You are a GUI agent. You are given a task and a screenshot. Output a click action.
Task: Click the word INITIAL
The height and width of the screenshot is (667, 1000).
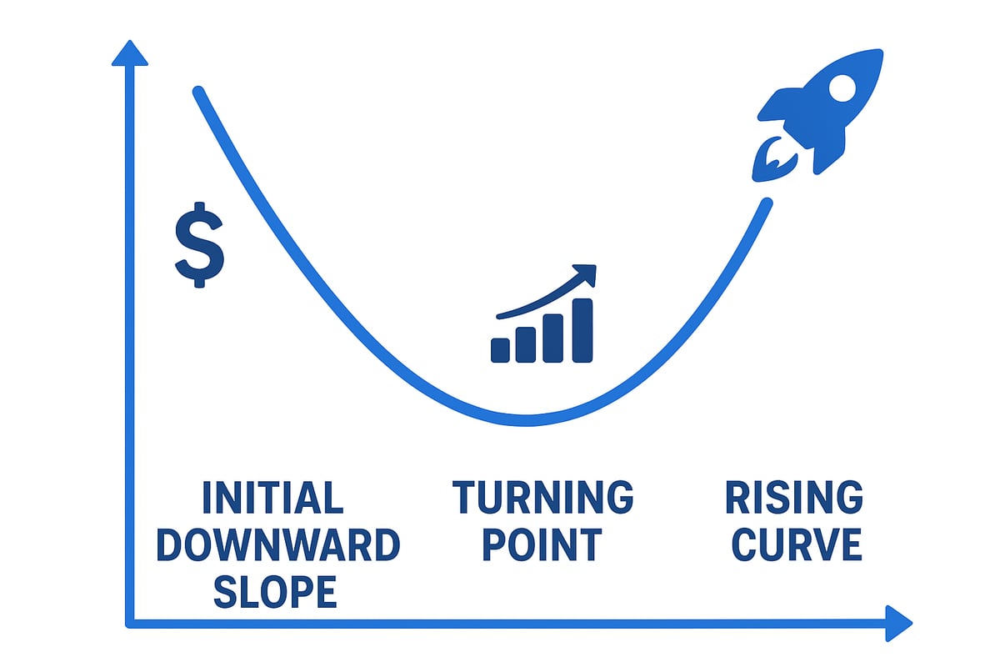[272, 498]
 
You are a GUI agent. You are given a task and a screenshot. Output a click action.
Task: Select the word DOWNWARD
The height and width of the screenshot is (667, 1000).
[278, 545]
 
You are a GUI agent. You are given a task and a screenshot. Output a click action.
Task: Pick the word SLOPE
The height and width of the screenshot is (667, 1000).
[275, 591]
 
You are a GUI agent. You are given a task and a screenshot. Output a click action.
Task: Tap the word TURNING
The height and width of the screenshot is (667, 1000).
[542, 498]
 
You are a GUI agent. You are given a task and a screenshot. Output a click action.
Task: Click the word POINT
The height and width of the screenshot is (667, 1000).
[542, 545]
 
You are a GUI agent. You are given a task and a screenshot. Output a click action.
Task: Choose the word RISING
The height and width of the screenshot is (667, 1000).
[793, 498]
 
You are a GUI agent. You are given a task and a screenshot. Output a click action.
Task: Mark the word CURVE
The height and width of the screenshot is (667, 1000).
[793, 545]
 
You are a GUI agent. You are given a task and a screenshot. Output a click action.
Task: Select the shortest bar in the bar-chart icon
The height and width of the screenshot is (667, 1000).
[501, 349]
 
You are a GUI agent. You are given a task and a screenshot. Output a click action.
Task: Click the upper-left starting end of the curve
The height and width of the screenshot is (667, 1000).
[198, 92]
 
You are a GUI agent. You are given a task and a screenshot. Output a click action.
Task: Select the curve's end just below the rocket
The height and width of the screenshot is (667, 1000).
[764, 203]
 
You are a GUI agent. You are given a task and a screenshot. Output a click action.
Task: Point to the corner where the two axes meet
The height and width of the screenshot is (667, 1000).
[129, 622]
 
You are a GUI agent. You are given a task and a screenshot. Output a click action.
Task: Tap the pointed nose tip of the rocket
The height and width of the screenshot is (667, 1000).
[878, 53]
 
